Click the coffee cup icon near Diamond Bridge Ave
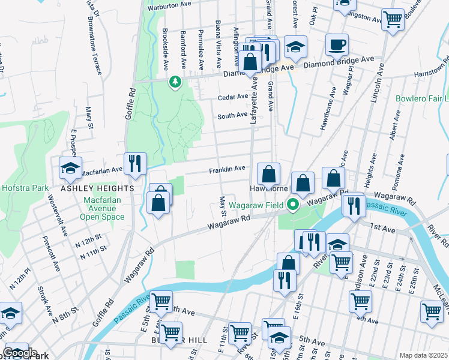click(x=337, y=44)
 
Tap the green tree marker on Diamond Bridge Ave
click(x=175, y=81)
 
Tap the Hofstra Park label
click(x=25, y=188)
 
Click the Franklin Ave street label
click(x=227, y=170)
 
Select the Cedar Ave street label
click(x=233, y=97)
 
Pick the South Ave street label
click(x=232, y=115)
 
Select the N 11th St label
click(x=94, y=252)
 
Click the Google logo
click(x=20, y=353)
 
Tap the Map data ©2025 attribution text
click(x=423, y=355)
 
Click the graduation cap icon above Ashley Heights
click(x=70, y=168)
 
